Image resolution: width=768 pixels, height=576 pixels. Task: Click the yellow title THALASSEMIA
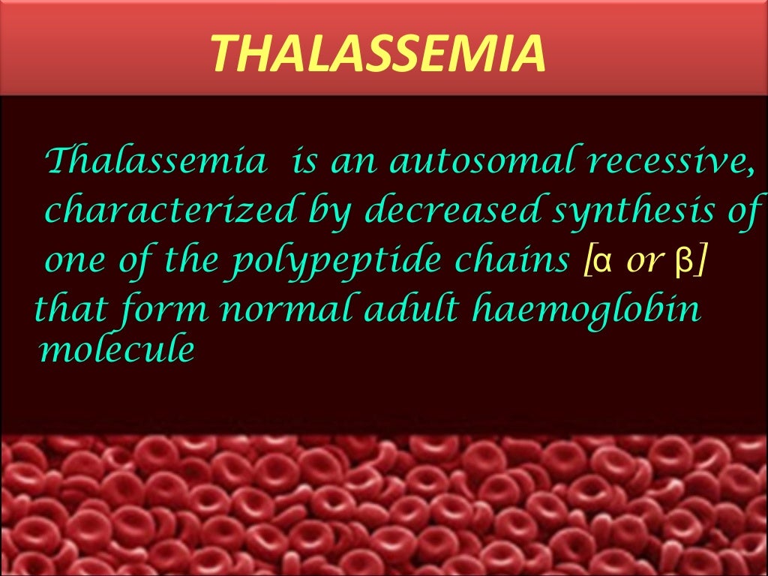click(377, 52)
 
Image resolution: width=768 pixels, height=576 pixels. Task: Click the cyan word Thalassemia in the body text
click(155, 160)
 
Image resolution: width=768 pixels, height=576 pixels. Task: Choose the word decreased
click(452, 211)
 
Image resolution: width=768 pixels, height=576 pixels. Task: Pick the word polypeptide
click(332, 261)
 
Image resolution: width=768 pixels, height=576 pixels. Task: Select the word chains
click(517, 261)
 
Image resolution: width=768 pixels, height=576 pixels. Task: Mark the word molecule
click(116, 349)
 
